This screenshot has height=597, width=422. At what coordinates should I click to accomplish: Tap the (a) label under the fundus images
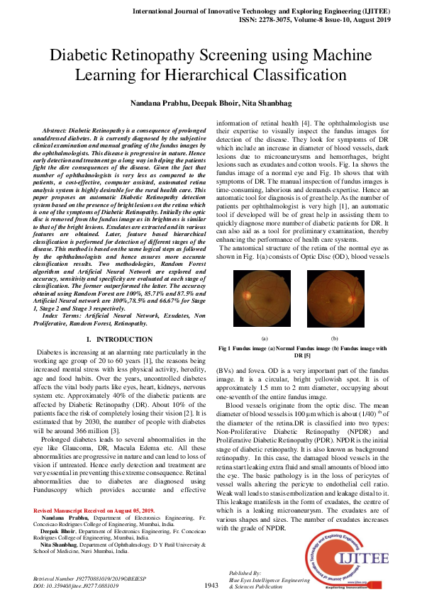(x=265, y=338)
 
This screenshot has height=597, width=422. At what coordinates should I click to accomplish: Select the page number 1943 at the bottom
(x=211, y=585)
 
